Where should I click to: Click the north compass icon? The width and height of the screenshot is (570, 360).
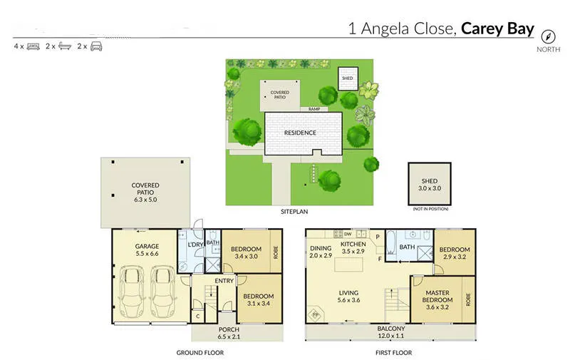tap(548, 36)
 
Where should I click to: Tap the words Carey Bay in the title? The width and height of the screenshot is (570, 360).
tap(497, 29)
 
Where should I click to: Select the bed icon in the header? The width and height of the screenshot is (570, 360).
tap(33, 46)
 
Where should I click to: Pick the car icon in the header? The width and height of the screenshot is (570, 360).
tap(96, 46)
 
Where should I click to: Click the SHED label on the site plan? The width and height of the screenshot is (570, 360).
tap(347, 78)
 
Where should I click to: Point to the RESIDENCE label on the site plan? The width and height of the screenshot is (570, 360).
tap(300, 133)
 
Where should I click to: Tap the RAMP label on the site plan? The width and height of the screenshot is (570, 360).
tap(313, 109)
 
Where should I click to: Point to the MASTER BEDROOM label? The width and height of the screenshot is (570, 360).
tap(439, 296)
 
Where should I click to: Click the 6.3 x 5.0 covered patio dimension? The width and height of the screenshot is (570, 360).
tap(145, 200)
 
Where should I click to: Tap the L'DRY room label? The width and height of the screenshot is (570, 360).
tap(195, 245)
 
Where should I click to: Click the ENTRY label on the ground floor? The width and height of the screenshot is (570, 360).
tap(224, 280)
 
